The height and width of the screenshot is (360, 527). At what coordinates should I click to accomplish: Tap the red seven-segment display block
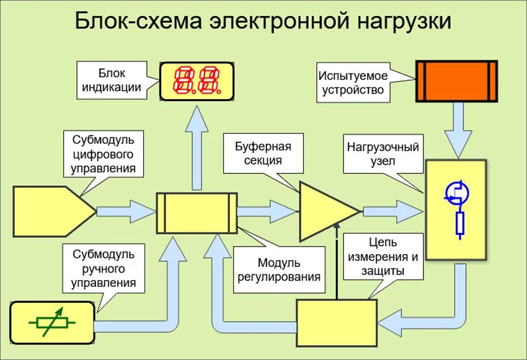click(x=198, y=81)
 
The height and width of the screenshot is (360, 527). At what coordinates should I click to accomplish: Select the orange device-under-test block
click(x=456, y=81)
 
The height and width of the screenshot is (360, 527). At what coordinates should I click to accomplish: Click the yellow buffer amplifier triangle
click(x=325, y=211)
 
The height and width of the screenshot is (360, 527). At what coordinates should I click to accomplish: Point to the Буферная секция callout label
click(x=263, y=154)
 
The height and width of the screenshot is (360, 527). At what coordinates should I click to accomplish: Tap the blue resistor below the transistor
click(x=459, y=224)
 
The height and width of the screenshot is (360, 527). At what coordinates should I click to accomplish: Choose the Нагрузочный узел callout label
click(x=383, y=154)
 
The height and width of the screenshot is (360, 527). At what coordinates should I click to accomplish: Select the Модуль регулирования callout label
click(x=280, y=270)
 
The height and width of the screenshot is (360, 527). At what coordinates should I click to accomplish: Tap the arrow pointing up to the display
click(x=198, y=146)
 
